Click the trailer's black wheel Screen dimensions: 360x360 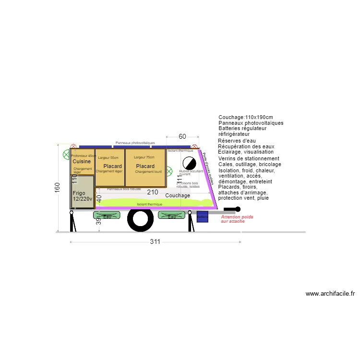[x=140, y=220]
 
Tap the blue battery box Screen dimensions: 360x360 [x=202, y=216]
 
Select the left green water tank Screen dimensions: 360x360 [x=107, y=216]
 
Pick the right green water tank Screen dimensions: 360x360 [x=171, y=216]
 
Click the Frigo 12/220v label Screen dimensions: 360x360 [x=82, y=196]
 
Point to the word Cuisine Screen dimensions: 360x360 [x=82, y=162]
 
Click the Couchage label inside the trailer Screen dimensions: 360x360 [x=178, y=196]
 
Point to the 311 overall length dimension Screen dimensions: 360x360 [x=155, y=242]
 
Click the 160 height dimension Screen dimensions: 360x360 [x=57, y=188]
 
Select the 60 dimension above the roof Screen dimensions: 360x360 [x=182, y=137]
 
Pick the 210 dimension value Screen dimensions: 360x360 [x=153, y=192]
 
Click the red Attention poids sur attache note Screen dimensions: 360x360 [x=237, y=219]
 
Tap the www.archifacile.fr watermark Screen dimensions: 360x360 [x=330, y=294]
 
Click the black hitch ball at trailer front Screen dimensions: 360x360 [x=238, y=209]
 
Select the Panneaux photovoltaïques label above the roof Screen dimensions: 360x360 [x=135, y=143]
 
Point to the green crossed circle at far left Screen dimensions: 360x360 [x=66, y=155]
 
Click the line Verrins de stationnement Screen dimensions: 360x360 [x=249, y=158]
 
